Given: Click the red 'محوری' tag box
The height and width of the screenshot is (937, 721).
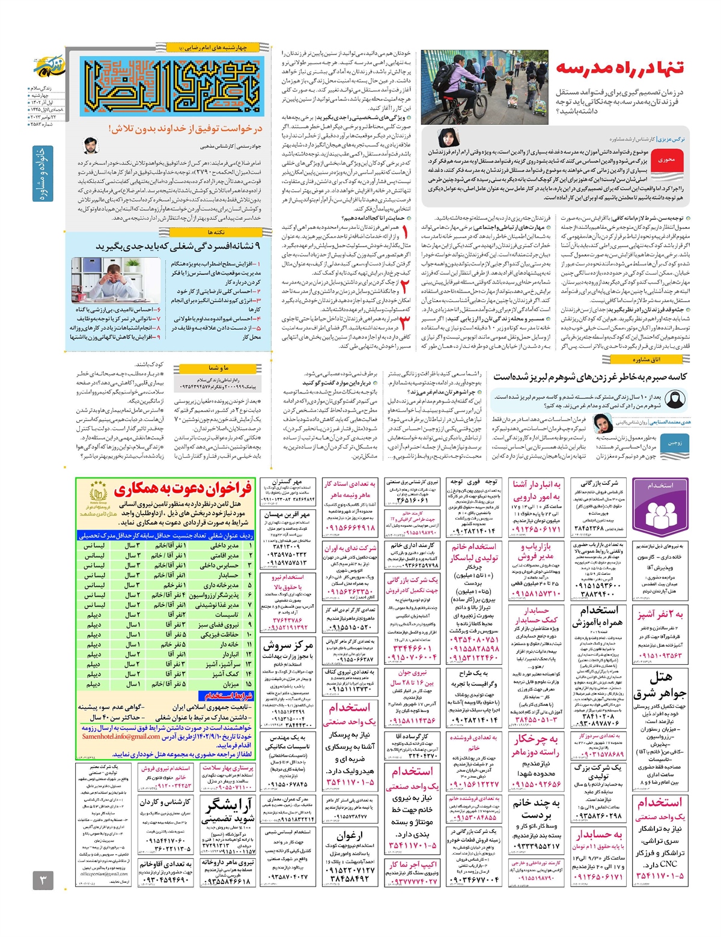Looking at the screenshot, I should [666, 160].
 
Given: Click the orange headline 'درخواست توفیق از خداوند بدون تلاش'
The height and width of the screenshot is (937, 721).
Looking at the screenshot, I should [185, 129].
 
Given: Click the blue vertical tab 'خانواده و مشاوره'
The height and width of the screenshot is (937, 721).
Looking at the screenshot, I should [41, 174].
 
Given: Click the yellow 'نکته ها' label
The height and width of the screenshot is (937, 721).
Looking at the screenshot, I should [216, 232].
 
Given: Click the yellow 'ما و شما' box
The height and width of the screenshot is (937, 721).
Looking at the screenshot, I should [218, 368].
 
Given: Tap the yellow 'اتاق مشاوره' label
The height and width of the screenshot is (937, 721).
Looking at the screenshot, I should [646, 359].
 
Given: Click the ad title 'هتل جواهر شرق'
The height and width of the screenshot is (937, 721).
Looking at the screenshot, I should [660, 686].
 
